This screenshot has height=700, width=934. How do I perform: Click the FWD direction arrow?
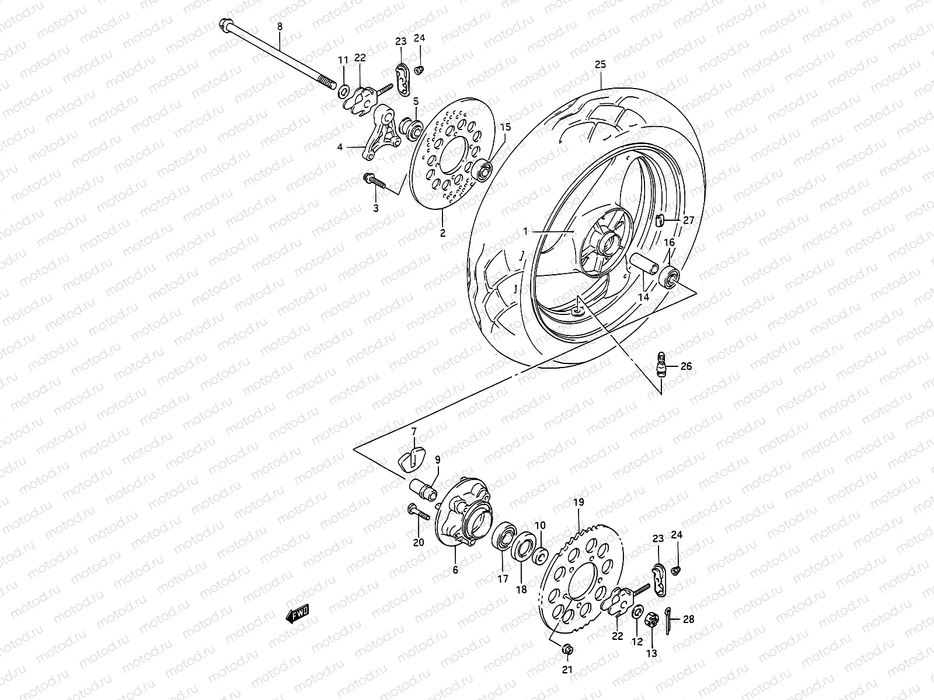tap(297, 614)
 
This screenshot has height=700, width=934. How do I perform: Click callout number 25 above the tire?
tap(601, 65)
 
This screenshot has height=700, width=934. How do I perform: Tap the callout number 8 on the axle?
tap(280, 26)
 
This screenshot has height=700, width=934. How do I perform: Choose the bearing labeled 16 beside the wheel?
tap(670, 276)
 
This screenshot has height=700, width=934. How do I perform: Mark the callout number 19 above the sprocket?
tap(578, 502)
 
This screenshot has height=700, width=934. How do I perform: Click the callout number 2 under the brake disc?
tap(442, 233)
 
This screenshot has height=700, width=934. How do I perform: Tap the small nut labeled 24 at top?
tap(419, 71)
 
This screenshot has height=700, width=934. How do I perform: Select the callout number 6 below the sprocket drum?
tap(455, 570)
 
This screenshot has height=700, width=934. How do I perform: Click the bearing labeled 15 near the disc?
tap(484, 170)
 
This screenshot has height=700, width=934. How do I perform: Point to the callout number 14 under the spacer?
tap(643, 297)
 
